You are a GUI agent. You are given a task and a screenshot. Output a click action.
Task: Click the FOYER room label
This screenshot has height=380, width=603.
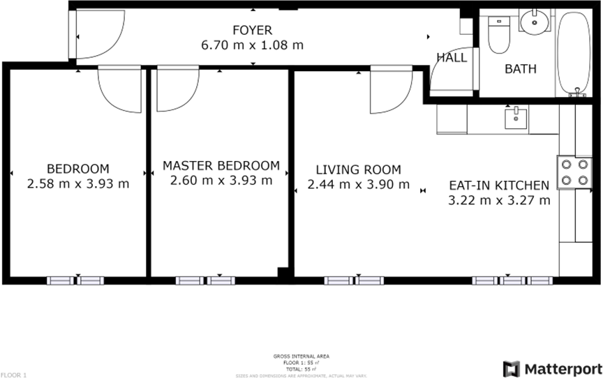pos(252,30)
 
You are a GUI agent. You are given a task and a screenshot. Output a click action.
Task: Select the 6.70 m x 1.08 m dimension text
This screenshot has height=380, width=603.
pos(252,45)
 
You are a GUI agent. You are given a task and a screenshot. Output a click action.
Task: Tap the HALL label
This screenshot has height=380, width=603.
pos(452,58)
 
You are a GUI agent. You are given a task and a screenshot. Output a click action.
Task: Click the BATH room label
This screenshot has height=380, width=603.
pos(521,69)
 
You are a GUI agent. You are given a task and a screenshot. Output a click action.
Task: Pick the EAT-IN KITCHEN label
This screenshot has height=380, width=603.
pos(498,185)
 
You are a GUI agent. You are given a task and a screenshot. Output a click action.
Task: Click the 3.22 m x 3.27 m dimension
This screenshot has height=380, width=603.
pos(498,201)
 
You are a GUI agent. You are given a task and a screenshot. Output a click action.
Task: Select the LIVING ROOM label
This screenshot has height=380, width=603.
pos(358,169)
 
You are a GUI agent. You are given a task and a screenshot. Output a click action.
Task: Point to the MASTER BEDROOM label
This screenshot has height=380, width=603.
pos(221,166)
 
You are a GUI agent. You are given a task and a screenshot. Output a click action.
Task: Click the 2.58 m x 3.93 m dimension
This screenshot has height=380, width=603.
pos(77,184)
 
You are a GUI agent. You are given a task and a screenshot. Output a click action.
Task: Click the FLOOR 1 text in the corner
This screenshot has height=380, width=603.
pos(13,375)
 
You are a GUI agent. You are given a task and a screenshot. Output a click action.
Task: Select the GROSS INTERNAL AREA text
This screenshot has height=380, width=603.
pos(301,356)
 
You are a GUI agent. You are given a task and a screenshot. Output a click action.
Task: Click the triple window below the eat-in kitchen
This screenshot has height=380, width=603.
pos(512,280)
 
